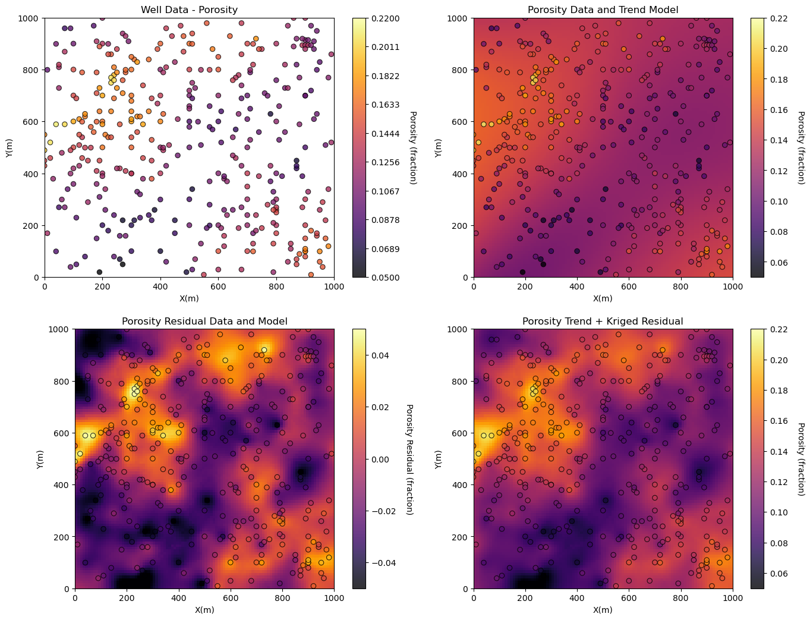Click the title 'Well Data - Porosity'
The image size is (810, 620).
(189, 10)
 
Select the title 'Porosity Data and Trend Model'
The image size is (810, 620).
(603, 10)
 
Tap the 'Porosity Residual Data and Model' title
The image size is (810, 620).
(204, 321)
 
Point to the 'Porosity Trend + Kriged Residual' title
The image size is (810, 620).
(603, 321)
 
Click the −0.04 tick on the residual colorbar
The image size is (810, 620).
(383, 562)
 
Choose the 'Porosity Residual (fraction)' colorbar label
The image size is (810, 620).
(409, 459)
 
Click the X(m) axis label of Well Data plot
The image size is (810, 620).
(189, 298)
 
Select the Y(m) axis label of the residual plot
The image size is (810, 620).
(41, 458)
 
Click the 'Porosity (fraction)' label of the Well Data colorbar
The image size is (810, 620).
(414, 147)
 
